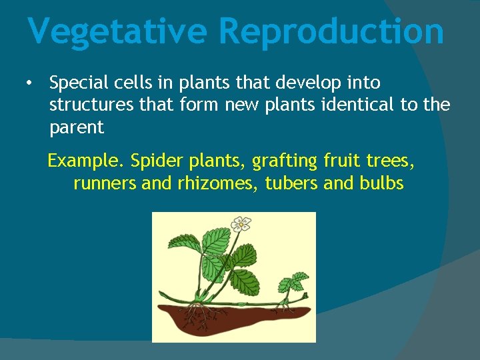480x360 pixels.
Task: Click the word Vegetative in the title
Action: [118, 32]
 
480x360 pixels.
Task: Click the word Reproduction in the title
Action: [331, 32]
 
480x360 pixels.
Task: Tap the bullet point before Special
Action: [28, 83]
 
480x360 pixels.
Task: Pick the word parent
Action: [77, 127]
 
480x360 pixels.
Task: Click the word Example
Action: [85, 161]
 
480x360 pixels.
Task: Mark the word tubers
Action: [291, 183]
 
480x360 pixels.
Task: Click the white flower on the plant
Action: [240, 223]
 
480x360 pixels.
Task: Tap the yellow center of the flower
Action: [240, 224]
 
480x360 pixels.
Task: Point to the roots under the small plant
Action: [285, 306]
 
